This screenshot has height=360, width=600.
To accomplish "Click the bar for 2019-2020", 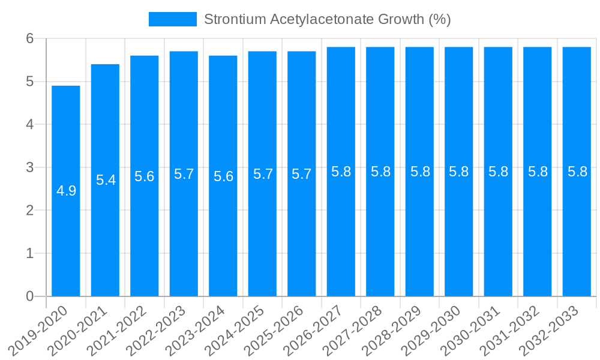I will tap(66, 240).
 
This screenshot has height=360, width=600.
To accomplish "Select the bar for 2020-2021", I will tap(105, 240).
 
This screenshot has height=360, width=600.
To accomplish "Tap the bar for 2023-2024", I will tap(223, 240).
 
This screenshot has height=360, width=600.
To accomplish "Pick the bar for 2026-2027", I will tap(341, 240).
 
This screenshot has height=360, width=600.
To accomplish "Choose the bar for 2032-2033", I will tap(577, 240).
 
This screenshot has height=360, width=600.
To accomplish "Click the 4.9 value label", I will tap(66, 191).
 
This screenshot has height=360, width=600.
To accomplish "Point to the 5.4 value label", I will tap(106, 180).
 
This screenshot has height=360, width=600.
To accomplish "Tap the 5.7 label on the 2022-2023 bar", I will tap(184, 174).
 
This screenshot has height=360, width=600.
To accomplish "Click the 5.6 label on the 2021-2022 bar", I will tap(145, 176).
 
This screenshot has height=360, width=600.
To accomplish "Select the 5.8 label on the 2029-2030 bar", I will tap(459, 172).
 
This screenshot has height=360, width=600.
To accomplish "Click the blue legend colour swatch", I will tap(173, 19).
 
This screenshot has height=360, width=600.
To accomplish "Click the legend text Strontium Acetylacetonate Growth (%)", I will tap(327, 19).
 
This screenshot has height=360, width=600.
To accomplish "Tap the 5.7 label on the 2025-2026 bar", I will tap(302, 174).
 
